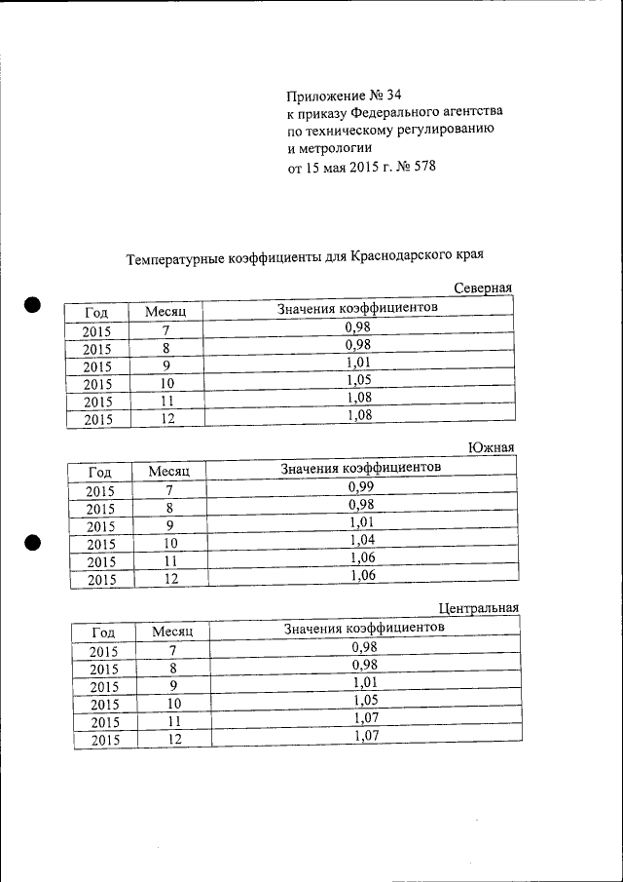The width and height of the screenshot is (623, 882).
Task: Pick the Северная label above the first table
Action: click(x=483, y=288)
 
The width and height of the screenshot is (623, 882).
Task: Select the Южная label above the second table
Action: click(x=491, y=447)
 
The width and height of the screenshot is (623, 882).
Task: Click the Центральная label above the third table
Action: click(x=478, y=608)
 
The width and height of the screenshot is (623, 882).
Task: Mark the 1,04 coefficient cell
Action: click(x=362, y=540)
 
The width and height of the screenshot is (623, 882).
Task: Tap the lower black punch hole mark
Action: click(x=33, y=543)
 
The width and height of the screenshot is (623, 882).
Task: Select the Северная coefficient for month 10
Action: click(x=359, y=380)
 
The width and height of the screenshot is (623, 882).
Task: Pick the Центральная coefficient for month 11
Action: click(x=365, y=719)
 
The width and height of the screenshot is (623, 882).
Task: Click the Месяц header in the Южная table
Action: click(x=168, y=471)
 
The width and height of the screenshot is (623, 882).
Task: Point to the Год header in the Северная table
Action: click(x=96, y=312)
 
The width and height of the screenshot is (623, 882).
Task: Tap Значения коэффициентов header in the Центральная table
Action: click(x=364, y=628)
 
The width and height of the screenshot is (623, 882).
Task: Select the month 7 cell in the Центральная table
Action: click(x=173, y=650)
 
